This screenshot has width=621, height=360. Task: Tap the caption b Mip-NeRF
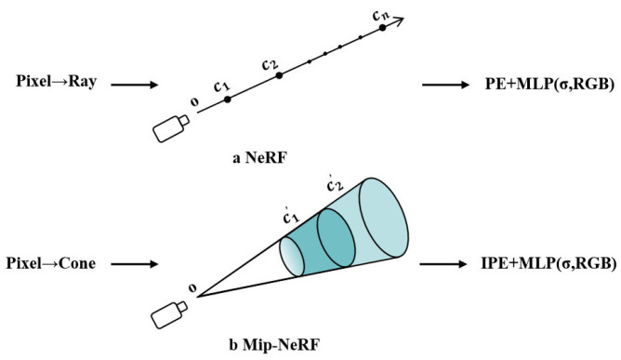(276, 348)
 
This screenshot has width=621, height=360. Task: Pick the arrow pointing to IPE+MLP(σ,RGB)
(449, 264)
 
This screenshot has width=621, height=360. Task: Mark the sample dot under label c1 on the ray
(227, 98)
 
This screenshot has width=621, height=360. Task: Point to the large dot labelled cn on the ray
(381, 30)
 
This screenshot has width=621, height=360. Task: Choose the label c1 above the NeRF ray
(221, 86)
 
